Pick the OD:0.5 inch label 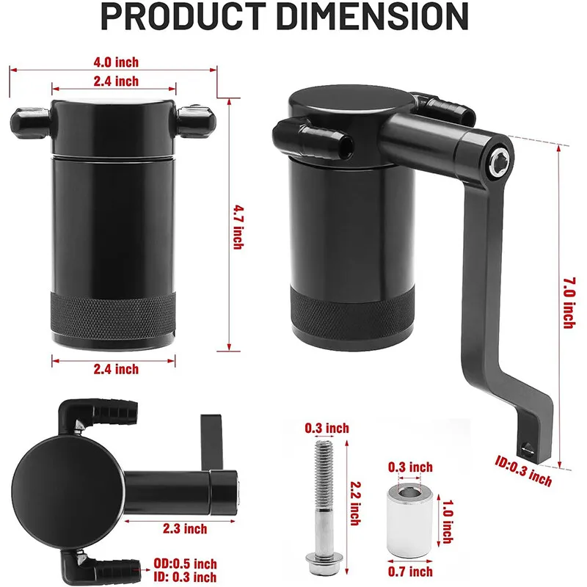click(x=186, y=564)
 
